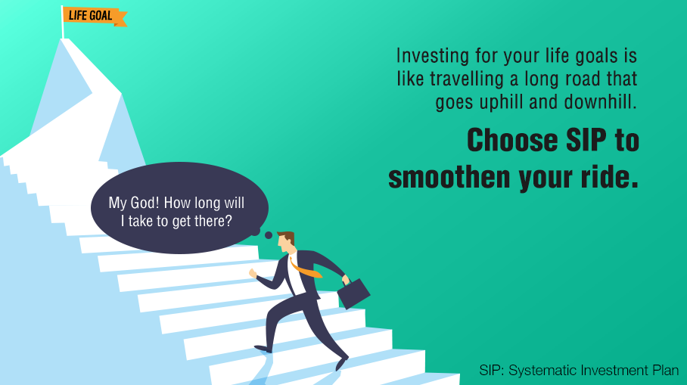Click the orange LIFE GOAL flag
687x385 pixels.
click(95, 17)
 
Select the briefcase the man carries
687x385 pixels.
click(353, 293)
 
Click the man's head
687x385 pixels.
click(287, 242)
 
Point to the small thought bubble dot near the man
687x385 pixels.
click(269, 235)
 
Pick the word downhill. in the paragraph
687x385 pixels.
click(600, 102)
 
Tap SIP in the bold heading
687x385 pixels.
click(586, 140)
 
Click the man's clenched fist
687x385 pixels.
click(253, 273)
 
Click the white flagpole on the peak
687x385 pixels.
click(62, 23)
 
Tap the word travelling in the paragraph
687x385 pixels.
click(467, 79)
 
